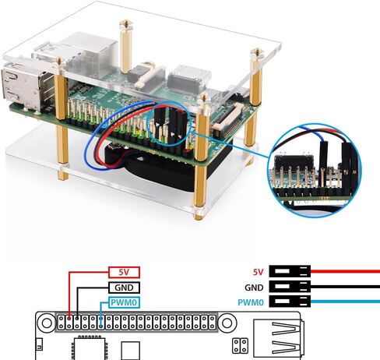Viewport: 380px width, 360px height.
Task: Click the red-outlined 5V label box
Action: tap(124, 272)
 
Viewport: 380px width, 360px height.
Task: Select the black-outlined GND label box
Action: tap(124, 288)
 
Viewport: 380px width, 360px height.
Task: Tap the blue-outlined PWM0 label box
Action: tap(124, 302)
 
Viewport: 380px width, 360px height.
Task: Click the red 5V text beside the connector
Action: tap(258, 272)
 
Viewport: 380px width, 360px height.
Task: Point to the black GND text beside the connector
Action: tap(254, 288)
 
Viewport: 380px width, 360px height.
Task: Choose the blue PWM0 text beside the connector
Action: tap(251, 302)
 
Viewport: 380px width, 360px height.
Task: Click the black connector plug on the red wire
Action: tap(290, 271)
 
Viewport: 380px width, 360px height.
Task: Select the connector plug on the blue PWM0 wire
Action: tap(290, 302)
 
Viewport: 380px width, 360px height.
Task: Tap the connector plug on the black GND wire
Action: tap(290, 287)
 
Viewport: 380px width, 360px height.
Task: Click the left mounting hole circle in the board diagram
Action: tap(47, 323)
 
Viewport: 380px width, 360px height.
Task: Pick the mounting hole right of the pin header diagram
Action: tap(227, 323)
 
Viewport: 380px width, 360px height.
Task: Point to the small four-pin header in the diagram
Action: tap(241, 346)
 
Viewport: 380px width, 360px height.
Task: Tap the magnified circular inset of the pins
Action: tap(315, 170)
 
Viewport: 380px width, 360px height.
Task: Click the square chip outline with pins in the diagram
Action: tap(90, 348)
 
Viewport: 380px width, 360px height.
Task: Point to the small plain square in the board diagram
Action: tap(131, 351)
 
